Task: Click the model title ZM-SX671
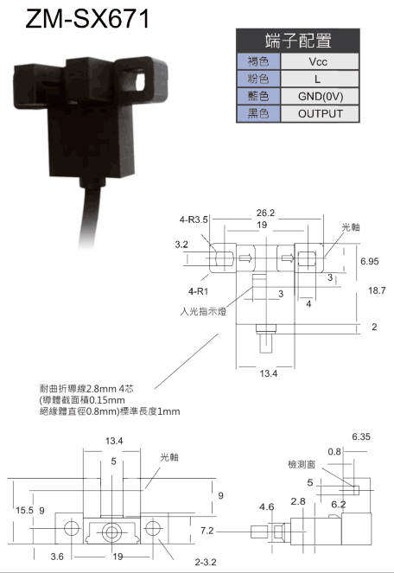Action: coord(87,19)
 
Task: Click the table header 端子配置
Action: coord(298,41)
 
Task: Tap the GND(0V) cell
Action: coord(321,96)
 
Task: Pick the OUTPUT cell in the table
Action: coord(321,114)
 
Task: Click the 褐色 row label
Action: coord(258,61)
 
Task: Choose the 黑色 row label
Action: coord(258,113)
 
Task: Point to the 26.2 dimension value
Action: coord(265,213)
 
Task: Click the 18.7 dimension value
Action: coord(377,290)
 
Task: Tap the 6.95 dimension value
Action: coord(370,261)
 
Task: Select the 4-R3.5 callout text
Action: coord(194,220)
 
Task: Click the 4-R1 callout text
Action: coord(198,291)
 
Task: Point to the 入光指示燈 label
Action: coord(203,311)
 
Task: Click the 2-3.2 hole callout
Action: coord(206,562)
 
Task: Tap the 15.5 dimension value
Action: coord(24,510)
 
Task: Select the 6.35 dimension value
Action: coord(361,436)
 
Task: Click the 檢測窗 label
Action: coord(302,464)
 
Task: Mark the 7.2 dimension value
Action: coord(207,531)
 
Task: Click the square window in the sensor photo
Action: coord(141,80)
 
